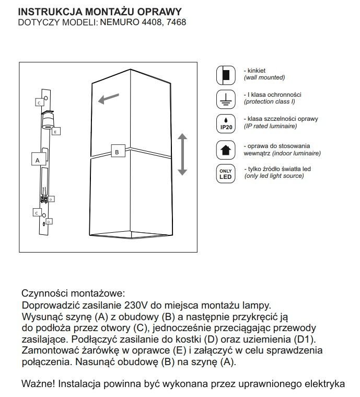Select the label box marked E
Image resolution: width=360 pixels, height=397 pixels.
pyautogui.click(x=56, y=131)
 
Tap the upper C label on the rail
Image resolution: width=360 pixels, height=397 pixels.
pyautogui.click(x=39, y=103)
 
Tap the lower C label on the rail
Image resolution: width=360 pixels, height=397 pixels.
pyautogui.click(x=37, y=213)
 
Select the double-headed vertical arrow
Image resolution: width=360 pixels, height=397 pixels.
pyautogui.click(x=182, y=154)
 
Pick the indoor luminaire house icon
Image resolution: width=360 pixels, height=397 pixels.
pyautogui.click(x=225, y=150)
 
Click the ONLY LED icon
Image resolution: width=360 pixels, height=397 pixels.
pyautogui.click(x=225, y=173)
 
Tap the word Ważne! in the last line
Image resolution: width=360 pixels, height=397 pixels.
pyautogui.click(x=39, y=383)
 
